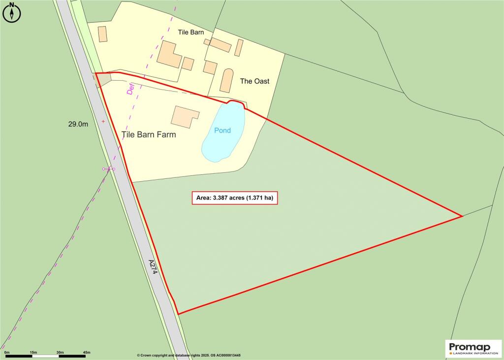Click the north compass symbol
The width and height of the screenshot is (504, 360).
point(12,12)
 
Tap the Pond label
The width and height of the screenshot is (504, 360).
point(222,131)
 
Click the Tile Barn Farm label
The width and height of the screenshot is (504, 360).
point(149,134)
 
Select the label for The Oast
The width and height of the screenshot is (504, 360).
point(254,81)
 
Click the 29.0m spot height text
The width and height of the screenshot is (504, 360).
point(78,125)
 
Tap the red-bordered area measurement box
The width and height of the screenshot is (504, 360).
point(235,198)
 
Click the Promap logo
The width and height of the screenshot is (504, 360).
point(473,349)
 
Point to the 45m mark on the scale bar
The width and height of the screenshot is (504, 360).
point(87,352)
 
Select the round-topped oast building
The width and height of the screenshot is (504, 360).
point(226,80)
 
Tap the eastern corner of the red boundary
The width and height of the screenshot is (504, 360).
point(461,216)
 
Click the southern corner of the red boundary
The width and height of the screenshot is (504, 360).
point(178,313)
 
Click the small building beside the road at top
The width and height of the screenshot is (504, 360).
point(102,34)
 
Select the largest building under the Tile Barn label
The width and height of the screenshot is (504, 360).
point(169,54)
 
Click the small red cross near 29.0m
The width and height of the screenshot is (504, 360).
point(103,121)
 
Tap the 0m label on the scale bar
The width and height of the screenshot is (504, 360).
point(6,352)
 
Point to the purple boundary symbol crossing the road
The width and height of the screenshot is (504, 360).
point(109,169)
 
